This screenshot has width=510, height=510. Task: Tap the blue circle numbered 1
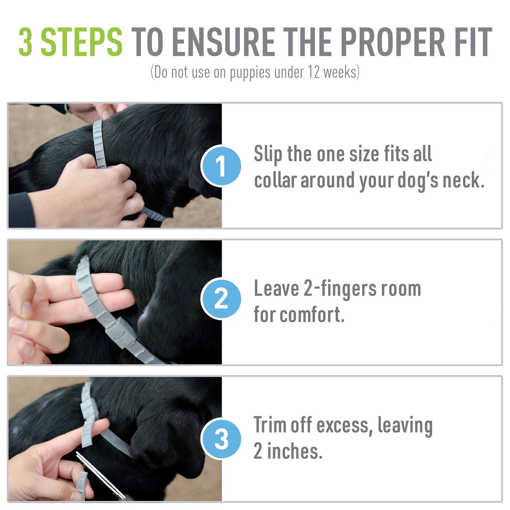[221, 166]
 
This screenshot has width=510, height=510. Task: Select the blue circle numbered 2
[221, 299]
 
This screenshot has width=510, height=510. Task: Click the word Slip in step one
[268, 154]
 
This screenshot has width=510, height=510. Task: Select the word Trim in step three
[270, 425]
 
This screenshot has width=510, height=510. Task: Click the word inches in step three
[294, 452]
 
